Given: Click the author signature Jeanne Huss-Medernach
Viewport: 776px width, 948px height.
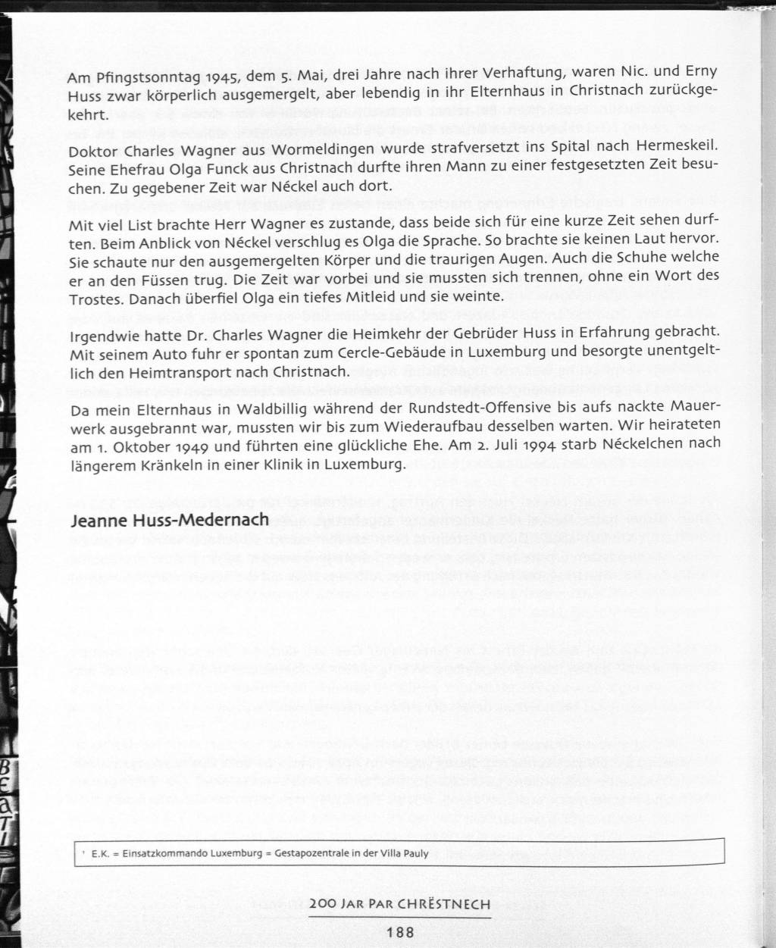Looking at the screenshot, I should [x=168, y=521].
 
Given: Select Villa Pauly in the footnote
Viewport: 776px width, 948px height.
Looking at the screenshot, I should [x=405, y=853].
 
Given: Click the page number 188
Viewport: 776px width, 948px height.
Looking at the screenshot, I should [x=399, y=931].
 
